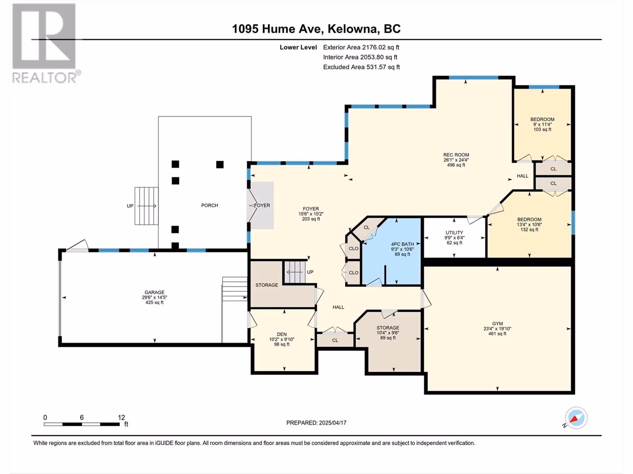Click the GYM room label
[497, 324]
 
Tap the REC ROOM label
[456, 155]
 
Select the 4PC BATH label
[402, 244]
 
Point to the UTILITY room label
[454, 233]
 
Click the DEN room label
[282, 334]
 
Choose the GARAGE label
[154, 292]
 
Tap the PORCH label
[210, 205]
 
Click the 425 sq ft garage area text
[154, 303]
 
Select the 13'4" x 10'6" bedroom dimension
[529, 224]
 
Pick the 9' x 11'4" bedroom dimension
[542, 124]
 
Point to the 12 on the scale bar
[121, 417]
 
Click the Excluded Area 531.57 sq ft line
[361, 67]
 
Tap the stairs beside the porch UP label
[146, 206]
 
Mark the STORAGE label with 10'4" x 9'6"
[388, 328]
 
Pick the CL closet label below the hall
[335, 340]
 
